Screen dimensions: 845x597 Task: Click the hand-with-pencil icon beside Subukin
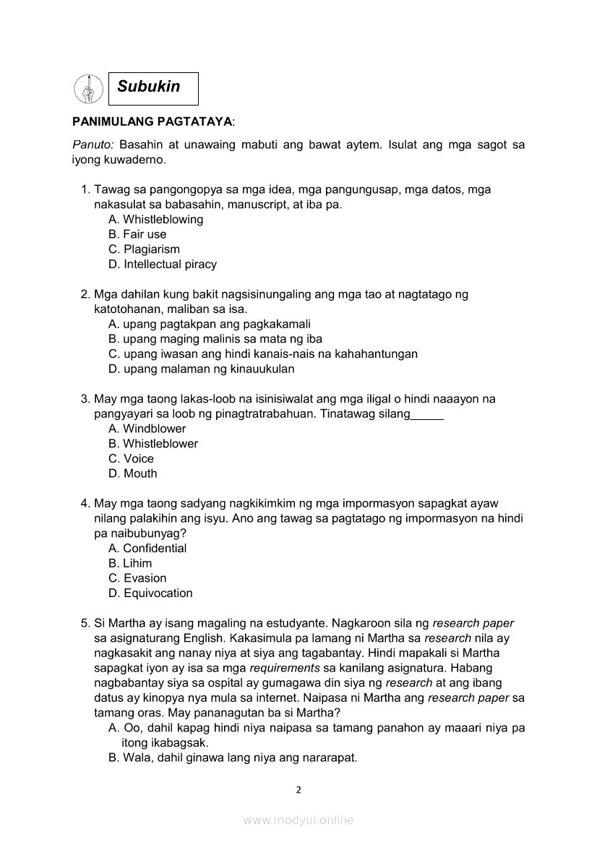[x=88, y=89]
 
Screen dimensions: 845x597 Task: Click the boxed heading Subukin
[x=153, y=87]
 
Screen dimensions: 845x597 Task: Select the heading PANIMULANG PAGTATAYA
[x=152, y=124]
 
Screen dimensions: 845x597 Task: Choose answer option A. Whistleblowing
[x=155, y=219]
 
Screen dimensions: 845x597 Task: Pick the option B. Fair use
[x=137, y=234]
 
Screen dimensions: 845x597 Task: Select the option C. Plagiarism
[x=144, y=249]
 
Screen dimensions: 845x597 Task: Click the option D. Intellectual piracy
[x=163, y=265]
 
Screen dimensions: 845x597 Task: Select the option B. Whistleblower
[x=153, y=444]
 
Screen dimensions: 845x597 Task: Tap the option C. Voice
[x=131, y=459]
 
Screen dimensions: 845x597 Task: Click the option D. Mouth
[x=132, y=474]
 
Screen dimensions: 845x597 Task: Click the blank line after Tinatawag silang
[x=427, y=415]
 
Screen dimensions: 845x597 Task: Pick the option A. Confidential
[x=147, y=549]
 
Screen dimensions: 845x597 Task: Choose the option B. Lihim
[x=130, y=564]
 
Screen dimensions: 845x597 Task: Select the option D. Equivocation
[x=150, y=593]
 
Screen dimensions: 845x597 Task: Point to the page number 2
[x=298, y=790]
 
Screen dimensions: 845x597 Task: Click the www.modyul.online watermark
[x=298, y=820]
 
